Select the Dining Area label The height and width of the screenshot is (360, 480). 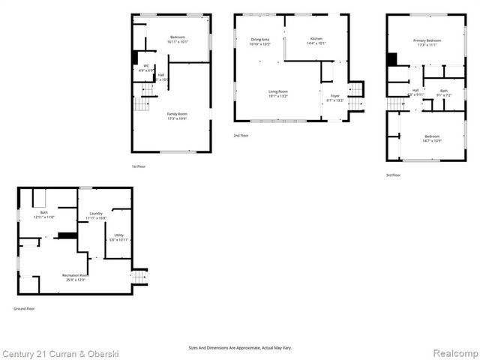pos(259,42)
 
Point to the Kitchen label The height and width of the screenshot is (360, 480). pos(315,41)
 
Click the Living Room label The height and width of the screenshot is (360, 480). pos(278,94)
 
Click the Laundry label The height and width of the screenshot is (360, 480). pos(95,215)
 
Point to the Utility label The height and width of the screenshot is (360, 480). pos(118,237)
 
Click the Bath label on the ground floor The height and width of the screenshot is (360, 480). pos(43,215)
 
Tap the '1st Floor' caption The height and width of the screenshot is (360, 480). pos(139,166)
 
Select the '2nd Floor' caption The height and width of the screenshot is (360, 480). pos(241,135)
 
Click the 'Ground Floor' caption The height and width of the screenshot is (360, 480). pos(24,308)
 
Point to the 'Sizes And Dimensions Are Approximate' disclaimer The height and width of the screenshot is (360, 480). pos(239,348)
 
